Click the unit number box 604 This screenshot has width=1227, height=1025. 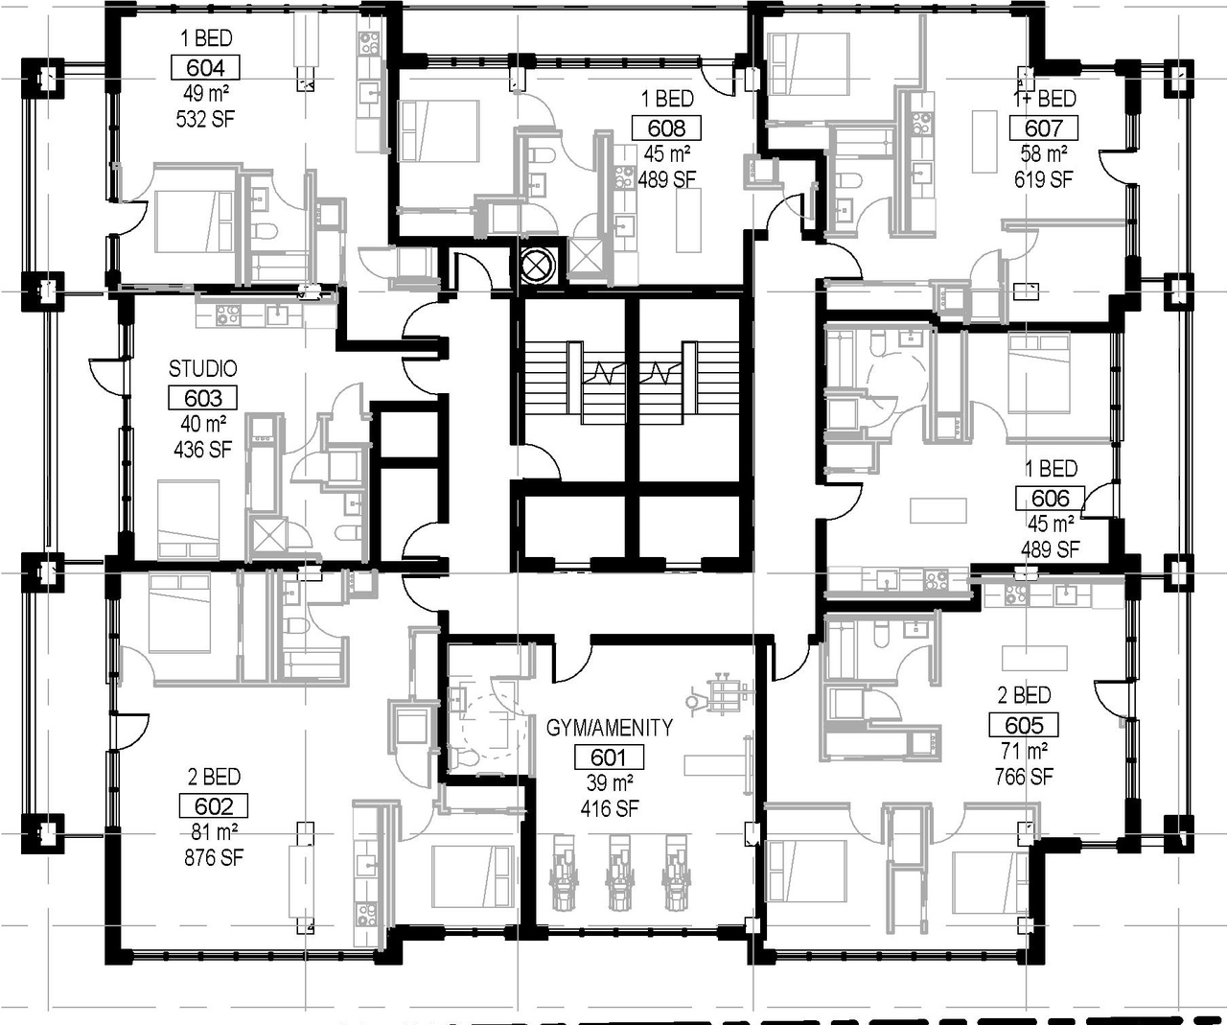205,68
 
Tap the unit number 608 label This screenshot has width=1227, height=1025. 666,128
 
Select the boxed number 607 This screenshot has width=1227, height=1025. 1044,128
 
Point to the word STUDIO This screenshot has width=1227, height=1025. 203,369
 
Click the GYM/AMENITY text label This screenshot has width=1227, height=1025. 610,728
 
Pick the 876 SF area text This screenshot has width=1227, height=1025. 214,858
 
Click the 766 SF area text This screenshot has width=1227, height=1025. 1024,778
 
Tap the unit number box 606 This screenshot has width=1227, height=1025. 1050,499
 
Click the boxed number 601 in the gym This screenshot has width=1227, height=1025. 609,757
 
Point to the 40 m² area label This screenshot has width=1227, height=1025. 203,424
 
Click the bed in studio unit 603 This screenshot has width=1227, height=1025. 189,519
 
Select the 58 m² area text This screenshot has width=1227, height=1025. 1044,154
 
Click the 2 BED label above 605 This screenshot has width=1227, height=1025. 1024,696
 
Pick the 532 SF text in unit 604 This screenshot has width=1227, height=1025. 205,120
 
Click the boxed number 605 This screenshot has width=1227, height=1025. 1024,726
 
